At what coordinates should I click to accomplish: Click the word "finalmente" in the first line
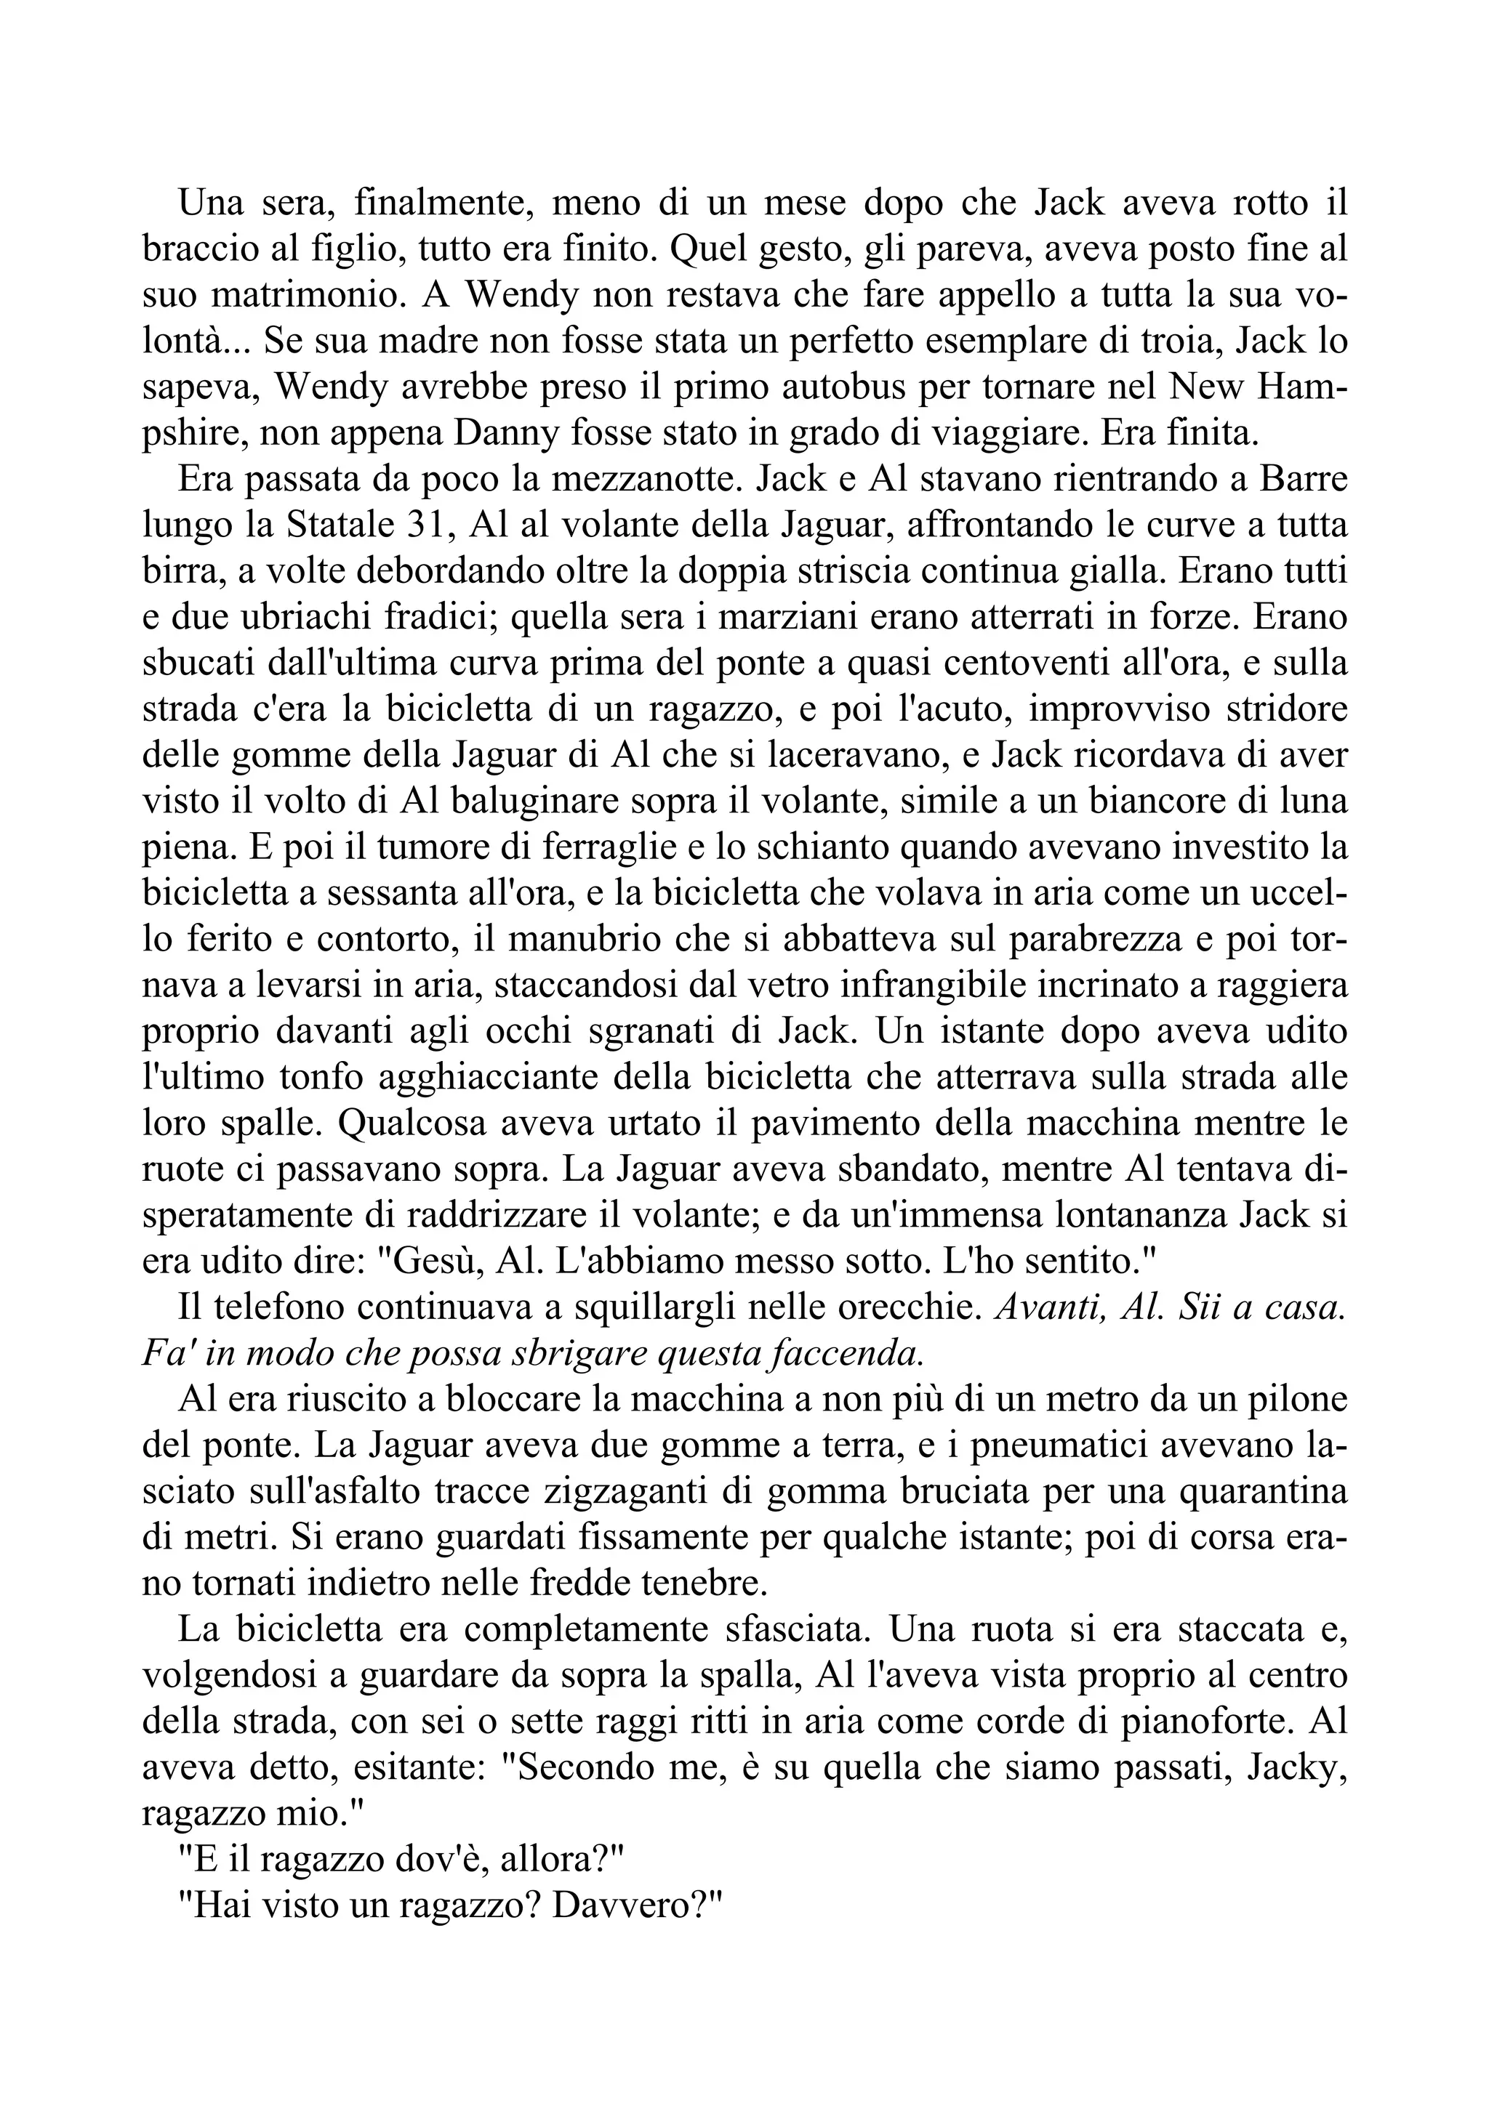pyautogui.click(x=442, y=203)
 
